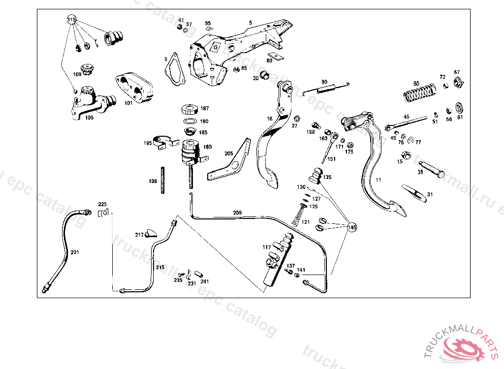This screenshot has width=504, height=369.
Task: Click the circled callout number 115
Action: (72, 20)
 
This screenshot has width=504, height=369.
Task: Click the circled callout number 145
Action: (351, 227)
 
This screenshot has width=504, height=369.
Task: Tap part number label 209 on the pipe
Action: (237, 213)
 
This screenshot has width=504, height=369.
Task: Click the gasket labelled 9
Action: (175, 70)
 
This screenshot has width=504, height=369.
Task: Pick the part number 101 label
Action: (128, 103)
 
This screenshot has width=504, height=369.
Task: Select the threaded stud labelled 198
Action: (162, 182)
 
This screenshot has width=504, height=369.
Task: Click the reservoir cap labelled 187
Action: (190, 109)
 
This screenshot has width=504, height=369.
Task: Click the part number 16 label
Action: (270, 119)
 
